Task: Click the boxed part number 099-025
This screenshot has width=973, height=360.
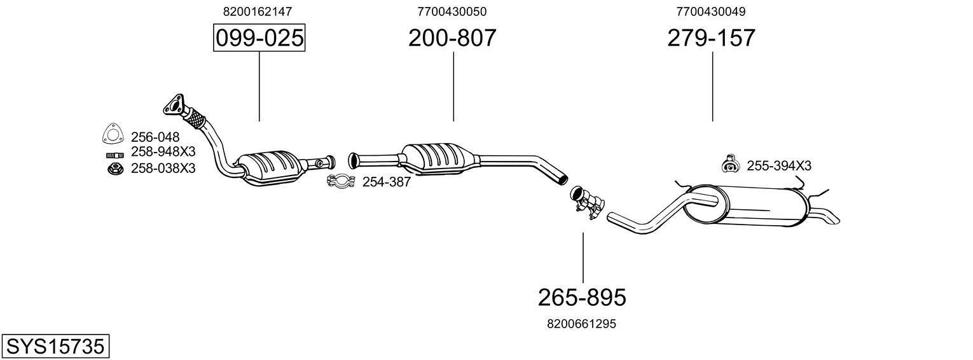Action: (259, 38)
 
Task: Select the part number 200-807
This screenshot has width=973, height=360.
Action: (452, 38)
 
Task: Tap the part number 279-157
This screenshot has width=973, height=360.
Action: (712, 38)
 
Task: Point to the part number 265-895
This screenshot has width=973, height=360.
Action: (582, 296)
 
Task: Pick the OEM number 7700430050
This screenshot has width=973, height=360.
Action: (452, 11)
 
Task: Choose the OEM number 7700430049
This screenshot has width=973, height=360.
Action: (712, 11)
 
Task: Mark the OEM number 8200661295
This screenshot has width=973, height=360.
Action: (581, 324)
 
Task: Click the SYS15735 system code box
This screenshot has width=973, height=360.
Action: (55, 347)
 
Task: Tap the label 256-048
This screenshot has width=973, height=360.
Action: (155, 137)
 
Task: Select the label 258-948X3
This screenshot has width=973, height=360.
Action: (163, 152)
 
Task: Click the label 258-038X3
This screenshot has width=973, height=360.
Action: (163, 169)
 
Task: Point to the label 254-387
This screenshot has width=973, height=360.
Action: (387, 182)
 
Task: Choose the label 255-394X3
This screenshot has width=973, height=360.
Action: (779, 166)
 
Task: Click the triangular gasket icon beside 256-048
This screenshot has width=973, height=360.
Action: (113, 135)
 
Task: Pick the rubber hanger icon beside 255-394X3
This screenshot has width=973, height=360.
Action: (729, 164)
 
